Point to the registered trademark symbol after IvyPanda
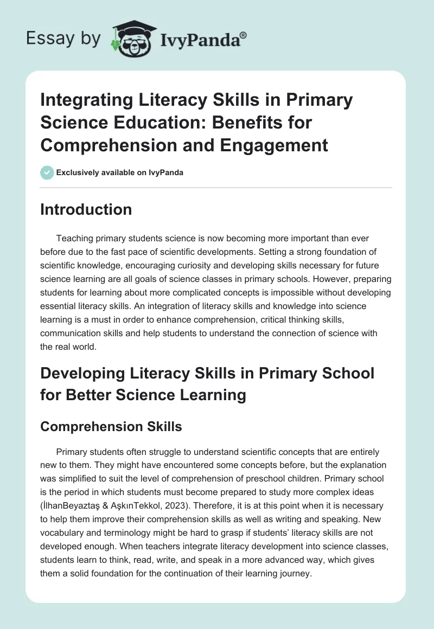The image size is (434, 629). (x=244, y=34)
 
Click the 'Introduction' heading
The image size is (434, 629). (x=86, y=209)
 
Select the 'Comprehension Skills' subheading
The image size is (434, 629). (x=111, y=426)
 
